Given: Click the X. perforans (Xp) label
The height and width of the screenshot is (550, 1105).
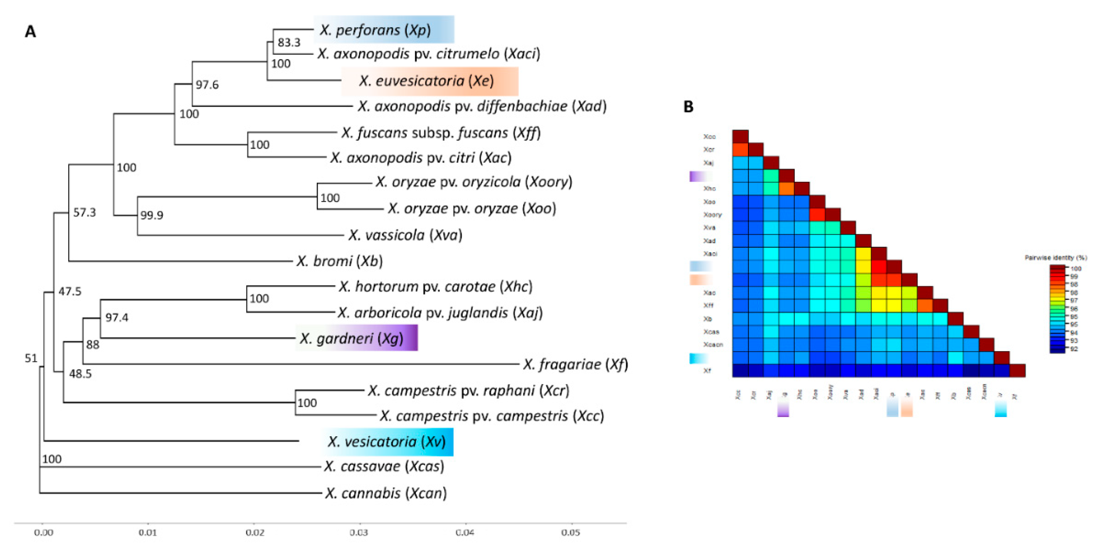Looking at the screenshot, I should point(375,30).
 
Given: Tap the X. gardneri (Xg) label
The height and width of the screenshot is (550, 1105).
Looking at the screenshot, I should point(351,339).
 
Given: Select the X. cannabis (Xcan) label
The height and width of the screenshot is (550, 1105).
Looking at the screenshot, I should point(386,493).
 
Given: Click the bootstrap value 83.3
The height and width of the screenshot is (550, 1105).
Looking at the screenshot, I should point(289,42).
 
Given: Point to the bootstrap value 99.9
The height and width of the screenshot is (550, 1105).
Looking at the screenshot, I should point(151,215).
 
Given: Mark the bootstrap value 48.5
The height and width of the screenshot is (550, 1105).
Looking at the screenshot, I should point(80,373).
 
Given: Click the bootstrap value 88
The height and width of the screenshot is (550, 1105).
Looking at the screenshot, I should point(93,345).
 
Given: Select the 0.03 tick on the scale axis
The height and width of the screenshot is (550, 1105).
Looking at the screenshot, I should point(359,533).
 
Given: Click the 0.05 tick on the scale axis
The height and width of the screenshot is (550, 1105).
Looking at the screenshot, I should point(571,533).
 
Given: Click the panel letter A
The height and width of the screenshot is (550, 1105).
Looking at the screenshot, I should point(30,32).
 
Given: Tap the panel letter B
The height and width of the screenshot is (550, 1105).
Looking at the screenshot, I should point(688,107).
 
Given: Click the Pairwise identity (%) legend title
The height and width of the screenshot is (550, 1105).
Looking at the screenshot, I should point(1056,258).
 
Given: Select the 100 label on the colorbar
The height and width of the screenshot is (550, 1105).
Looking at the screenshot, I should point(1076,269).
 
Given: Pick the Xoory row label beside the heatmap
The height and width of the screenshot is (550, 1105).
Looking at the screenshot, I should point(712,215).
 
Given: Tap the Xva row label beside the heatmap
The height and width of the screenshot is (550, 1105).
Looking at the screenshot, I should point(709,228).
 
